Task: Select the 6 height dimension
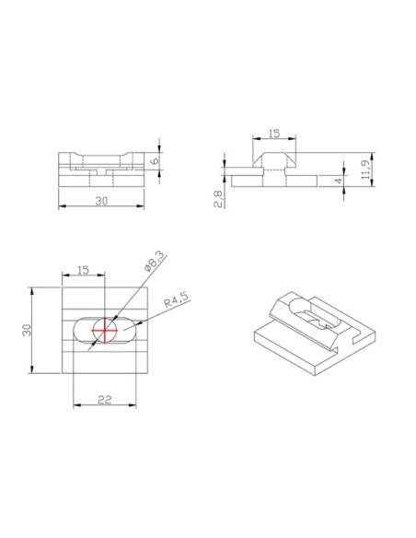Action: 155,159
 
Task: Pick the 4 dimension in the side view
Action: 339,181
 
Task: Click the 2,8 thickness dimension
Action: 218,198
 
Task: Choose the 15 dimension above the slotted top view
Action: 83,270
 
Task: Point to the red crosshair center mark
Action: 106,329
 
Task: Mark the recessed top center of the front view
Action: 103,156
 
